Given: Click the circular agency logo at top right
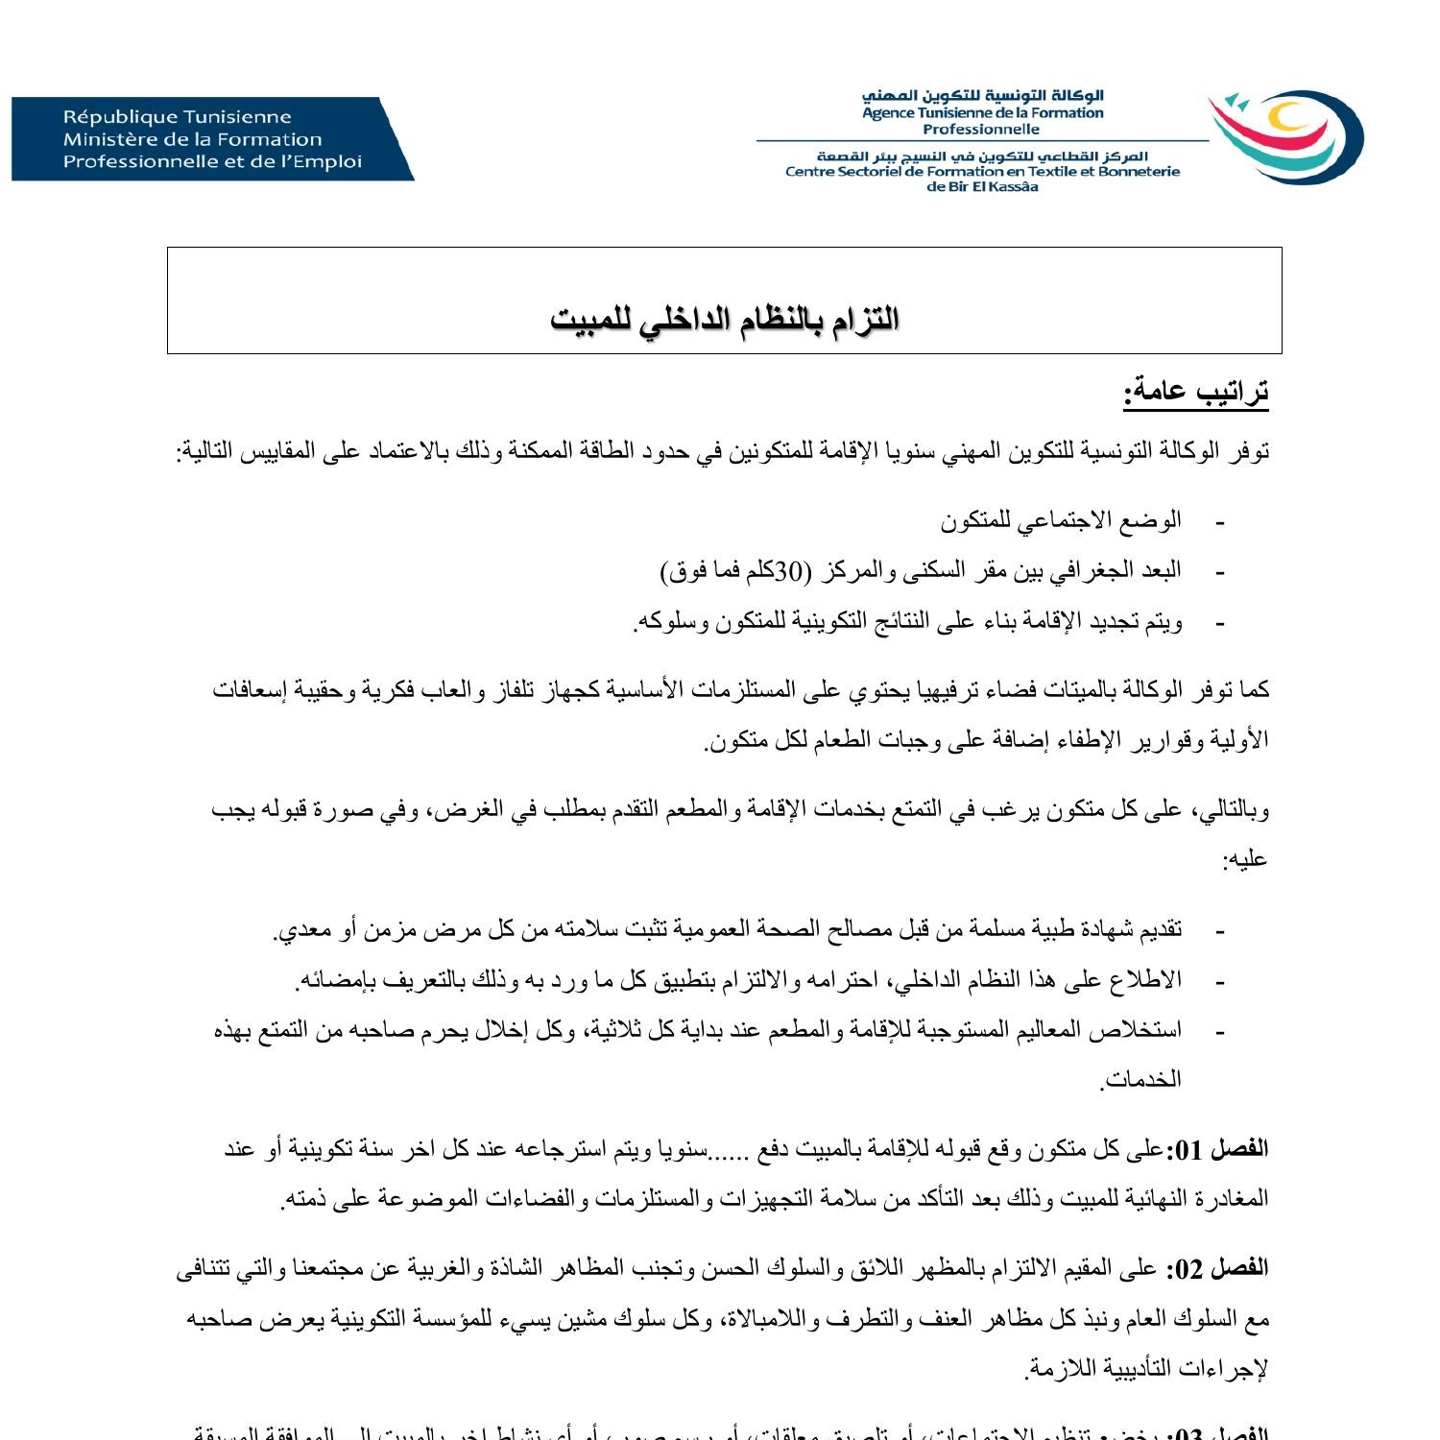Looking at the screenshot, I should (x=1285, y=136).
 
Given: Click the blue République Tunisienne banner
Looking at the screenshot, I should (x=211, y=139).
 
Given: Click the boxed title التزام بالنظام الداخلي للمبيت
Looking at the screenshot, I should (x=725, y=319).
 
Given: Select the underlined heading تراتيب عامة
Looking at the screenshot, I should (x=1196, y=392).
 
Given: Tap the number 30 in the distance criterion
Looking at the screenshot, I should (x=788, y=571).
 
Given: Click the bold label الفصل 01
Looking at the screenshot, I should (x=1216, y=1149).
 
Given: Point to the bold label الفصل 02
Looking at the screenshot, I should (x=1216, y=1269).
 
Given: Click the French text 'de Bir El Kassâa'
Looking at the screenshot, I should (x=982, y=187).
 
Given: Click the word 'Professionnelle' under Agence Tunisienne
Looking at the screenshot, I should (x=981, y=130).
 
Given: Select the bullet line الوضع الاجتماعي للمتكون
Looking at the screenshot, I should (x=1061, y=520).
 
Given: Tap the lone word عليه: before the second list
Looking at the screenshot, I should (x=1245, y=859).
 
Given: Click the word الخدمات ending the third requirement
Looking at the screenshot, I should (x=1141, y=1080).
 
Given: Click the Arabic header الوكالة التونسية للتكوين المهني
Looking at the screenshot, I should (x=982, y=96).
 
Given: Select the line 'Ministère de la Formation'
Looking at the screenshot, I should (x=193, y=139).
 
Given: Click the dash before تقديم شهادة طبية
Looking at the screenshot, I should (x=1220, y=930).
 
